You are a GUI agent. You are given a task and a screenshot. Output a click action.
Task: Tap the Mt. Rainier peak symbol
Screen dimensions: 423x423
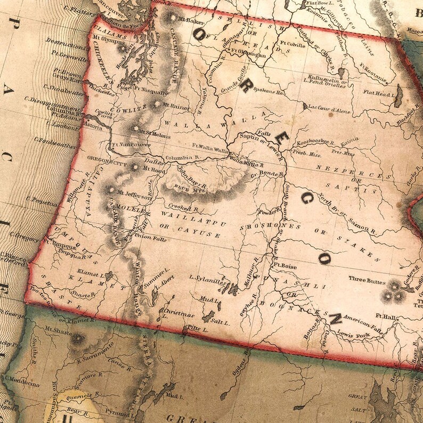(156, 104)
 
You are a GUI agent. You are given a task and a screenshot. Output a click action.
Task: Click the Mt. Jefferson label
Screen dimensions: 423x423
(134, 196)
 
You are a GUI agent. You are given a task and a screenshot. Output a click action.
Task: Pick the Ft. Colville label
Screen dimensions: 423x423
(292, 45)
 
